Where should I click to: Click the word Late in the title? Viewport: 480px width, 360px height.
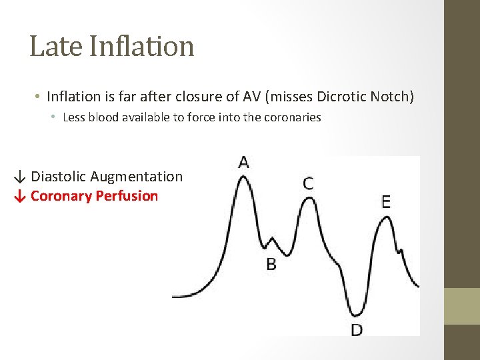(x=55, y=46)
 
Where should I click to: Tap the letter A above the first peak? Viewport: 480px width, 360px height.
(x=243, y=162)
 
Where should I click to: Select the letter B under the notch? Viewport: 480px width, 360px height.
(x=271, y=265)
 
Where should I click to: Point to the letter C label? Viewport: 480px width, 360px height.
(x=308, y=183)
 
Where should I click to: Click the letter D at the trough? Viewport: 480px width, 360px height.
(x=357, y=329)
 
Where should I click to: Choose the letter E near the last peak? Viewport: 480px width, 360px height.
(x=386, y=202)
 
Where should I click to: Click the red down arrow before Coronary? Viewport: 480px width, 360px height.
(x=21, y=197)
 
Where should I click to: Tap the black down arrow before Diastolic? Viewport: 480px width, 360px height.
(x=21, y=177)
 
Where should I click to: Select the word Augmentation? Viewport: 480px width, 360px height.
(x=136, y=177)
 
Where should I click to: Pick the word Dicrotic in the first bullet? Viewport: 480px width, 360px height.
(x=342, y=97)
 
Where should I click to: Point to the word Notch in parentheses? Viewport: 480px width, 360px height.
(x=391, y=97)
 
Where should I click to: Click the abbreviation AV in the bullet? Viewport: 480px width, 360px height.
(x=253, y=97)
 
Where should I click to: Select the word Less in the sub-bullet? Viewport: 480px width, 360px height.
(x=74, y=117)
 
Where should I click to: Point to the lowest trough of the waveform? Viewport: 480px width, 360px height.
(x=357, y=313)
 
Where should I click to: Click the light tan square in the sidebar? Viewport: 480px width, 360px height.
(x=462, y=306)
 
